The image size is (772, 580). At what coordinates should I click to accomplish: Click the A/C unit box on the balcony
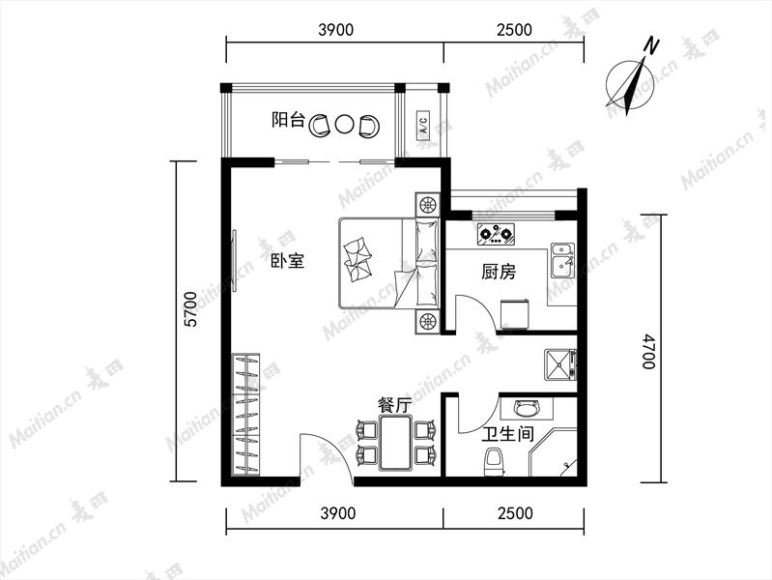[x=423, y=123]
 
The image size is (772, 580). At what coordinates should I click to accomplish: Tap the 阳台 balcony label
[x=288, y=120]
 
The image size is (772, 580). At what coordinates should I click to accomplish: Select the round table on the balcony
[x=344, y=125]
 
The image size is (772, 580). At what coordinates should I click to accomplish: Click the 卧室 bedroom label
[x=288, y=260]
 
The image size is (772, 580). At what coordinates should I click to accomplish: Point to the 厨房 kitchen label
[x=499, y=271]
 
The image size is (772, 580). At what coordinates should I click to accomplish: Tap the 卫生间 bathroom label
[x=508, y=434]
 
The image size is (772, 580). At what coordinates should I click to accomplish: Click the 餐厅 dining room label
[x=395, y=406]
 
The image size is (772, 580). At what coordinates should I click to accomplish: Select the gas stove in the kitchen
[x=497, y=234]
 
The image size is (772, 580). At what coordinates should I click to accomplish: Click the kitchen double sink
[x=562, y=260]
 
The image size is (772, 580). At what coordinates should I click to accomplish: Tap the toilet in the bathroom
[x=494, y=462]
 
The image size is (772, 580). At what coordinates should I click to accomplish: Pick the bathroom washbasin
[x=527, y=408]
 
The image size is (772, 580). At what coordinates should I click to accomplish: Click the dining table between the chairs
[x=395, y=443]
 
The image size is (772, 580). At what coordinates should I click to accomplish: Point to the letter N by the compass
[x=652, y=45]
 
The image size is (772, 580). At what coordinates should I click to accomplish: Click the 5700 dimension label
[x=190, y=309]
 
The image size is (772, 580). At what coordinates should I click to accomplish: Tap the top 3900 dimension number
[x=336, y=30]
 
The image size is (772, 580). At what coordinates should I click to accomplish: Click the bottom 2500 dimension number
[x=515, y=513]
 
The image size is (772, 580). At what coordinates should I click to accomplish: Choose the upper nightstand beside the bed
[x=427, y=205]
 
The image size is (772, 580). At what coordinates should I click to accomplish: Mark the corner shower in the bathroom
[x=554, y=452]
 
